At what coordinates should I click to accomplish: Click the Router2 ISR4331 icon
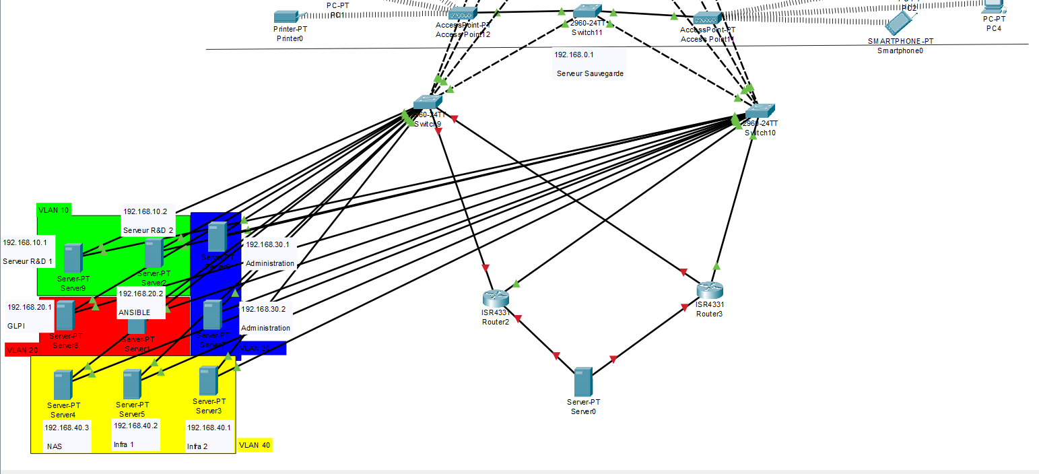pos(496,298)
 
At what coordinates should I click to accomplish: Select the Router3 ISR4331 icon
pos(710,290)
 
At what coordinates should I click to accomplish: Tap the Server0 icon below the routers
pos(583,382)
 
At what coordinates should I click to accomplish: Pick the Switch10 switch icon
pos(760,111)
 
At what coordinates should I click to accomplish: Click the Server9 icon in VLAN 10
pos(72,259)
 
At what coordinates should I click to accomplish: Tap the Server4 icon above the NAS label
pos(63,384)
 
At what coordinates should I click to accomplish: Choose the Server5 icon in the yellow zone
pos(131,384)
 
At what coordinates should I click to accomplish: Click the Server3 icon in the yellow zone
pos(208,381)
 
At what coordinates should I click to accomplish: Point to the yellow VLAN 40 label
pos(255,445)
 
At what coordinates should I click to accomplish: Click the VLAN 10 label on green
pos(54,209)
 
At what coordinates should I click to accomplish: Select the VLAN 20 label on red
pos(22,350)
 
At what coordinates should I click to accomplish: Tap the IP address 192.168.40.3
pos(67,428)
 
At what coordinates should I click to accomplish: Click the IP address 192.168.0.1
pos(574,55)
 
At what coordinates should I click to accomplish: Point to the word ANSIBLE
pos(135,313)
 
